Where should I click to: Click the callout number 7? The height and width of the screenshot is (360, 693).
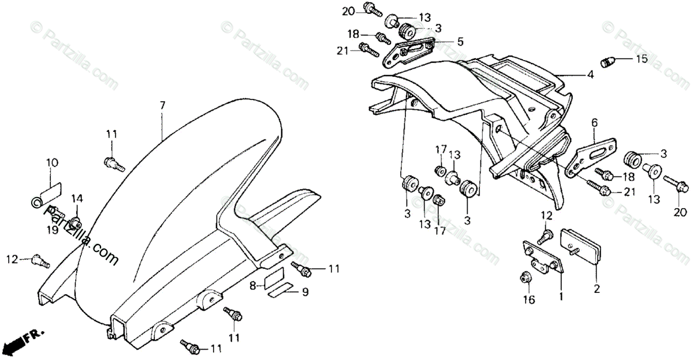click(162, 106)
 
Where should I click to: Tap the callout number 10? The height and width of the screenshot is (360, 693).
click(52, 163)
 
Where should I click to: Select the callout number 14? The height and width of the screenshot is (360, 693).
click(77, 198)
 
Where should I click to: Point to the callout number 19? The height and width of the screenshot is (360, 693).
click(53, 230)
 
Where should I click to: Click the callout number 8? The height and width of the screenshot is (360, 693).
click(253, 285)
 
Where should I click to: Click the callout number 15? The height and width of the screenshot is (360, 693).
click(642, 59)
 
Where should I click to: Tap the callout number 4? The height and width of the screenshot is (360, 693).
click(590, 74)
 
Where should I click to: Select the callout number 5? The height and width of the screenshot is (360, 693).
click(460, 42)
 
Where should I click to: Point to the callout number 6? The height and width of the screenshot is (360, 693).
click(593, 123)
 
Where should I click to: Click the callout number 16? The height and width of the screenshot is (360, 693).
click(529, 299)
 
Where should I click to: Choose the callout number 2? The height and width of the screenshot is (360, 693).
click(595, 287)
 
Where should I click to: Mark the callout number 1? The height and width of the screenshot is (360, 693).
click(559, 296)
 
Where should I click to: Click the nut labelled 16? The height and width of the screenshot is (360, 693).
click(526, 278)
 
